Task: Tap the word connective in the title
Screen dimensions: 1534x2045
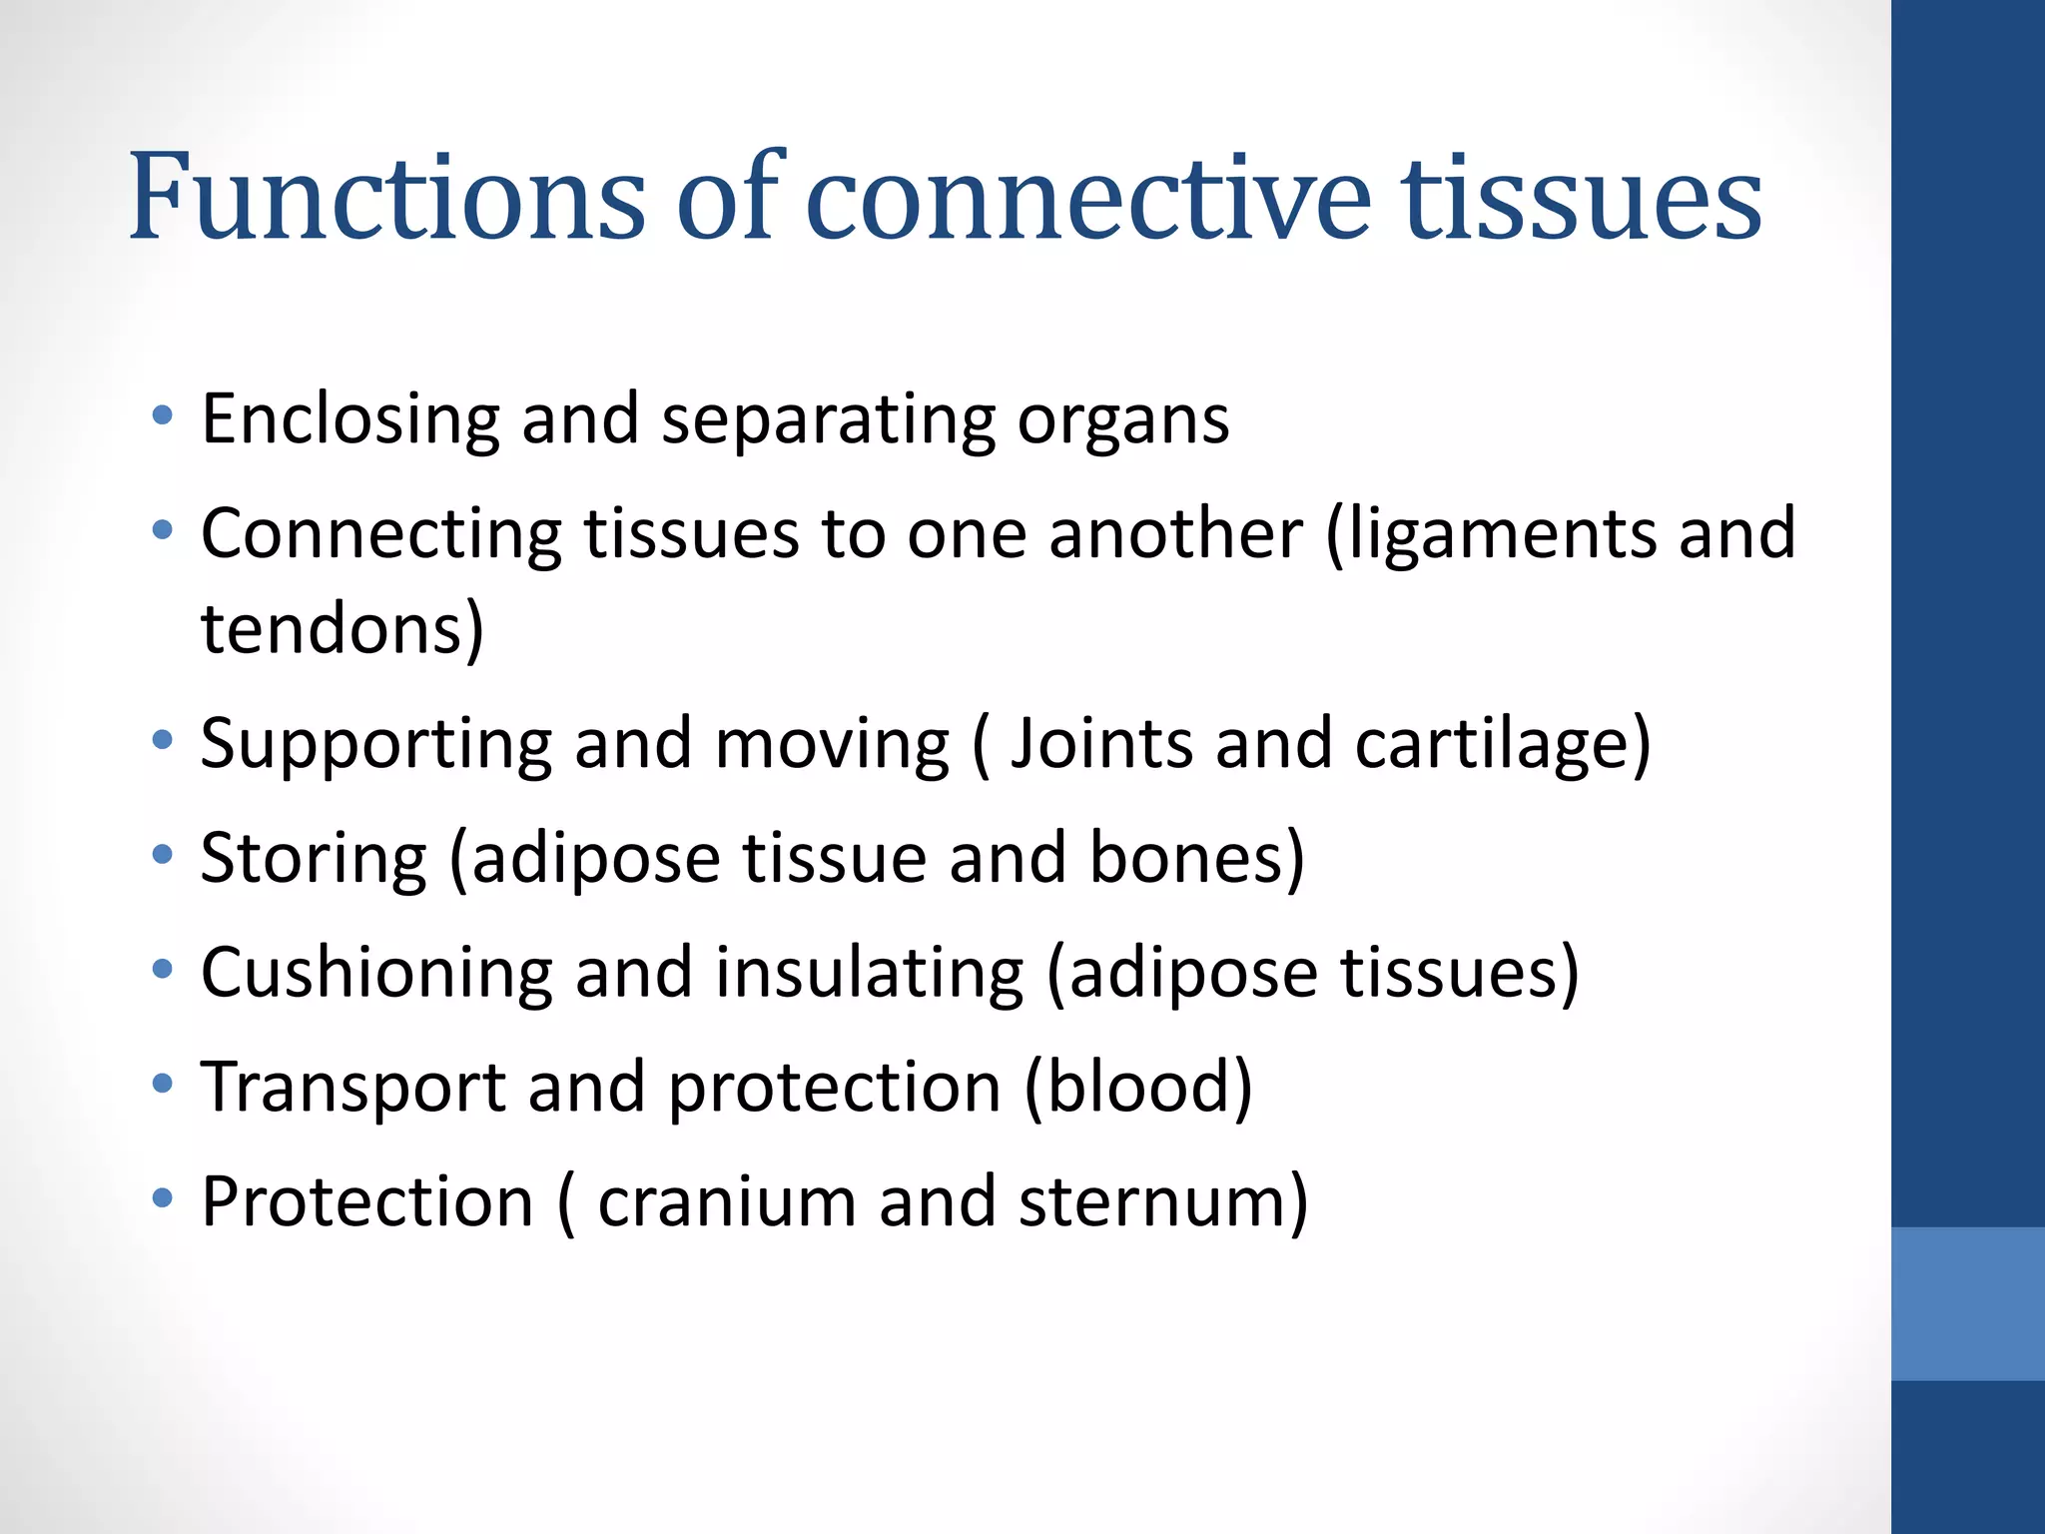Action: point(1087,198)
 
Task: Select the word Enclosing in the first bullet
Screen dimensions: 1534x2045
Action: point(349,419)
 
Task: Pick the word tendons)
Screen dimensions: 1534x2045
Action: point(342,629)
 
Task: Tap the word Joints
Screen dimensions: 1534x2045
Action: point(1101,744)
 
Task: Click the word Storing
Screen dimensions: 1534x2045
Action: point(314,860)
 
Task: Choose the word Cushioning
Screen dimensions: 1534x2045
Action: point(375,973)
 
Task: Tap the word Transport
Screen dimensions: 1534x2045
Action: point(352,1088)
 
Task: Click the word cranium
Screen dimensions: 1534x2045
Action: point(726,1202)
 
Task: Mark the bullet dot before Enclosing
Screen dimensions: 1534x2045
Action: point(163,414)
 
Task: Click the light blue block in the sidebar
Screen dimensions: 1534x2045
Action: point(1967,1303)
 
